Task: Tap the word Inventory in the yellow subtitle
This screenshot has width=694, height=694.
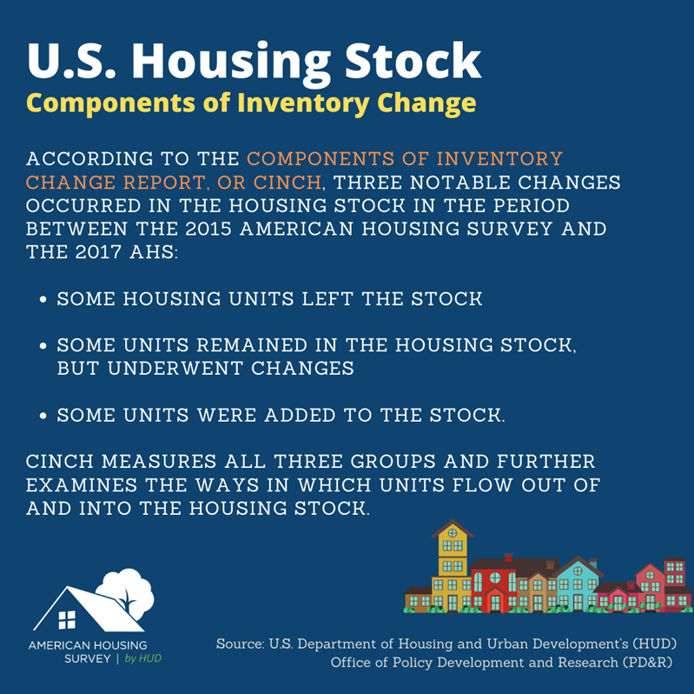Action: pyautogui.click(x=304, y=103)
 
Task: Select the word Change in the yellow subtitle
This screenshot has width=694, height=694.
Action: pyautogui.click(x=426, y=103)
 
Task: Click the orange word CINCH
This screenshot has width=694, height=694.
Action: pyautogui.click(x=288, y=182)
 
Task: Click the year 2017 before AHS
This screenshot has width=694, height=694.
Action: pyautogui.click(x=98, y=251)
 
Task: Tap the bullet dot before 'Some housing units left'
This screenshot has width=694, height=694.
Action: pyautogui.click(x=43, y=299)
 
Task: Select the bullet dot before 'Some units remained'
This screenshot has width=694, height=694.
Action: pyautogui.click(x=43, y=345)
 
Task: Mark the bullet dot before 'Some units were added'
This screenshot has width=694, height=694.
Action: pyautogui.click(x=43, y=416)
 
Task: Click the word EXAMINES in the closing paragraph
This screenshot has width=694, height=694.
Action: pyautogui.click(x=82, y=484)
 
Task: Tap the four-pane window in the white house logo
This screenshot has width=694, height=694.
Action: pyautogui.click(x=67, y=619)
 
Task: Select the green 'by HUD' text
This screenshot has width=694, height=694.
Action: pyautogui.click(x=143, y=658)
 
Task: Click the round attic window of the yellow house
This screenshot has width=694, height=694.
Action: pyautogui.click(x=453, y=533)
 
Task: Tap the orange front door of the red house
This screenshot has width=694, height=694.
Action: pyautogui.click(x=495, y=603)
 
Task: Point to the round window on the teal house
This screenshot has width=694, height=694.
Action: pyautogui.click(x=578, y=571)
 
